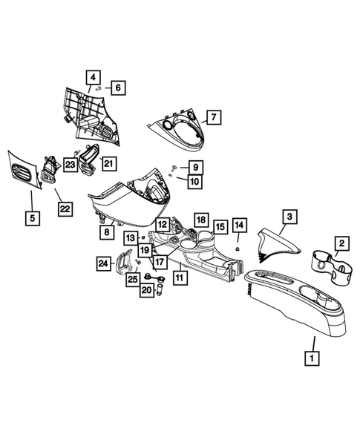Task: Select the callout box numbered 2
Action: click(341, 243)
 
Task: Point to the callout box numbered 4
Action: click(93, 76)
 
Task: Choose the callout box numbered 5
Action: click(31, 218)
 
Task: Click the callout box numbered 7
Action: click(213, 117)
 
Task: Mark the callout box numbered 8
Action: click(107, 232)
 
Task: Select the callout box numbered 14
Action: click(239, 224)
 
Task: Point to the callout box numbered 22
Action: click(65, 210)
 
